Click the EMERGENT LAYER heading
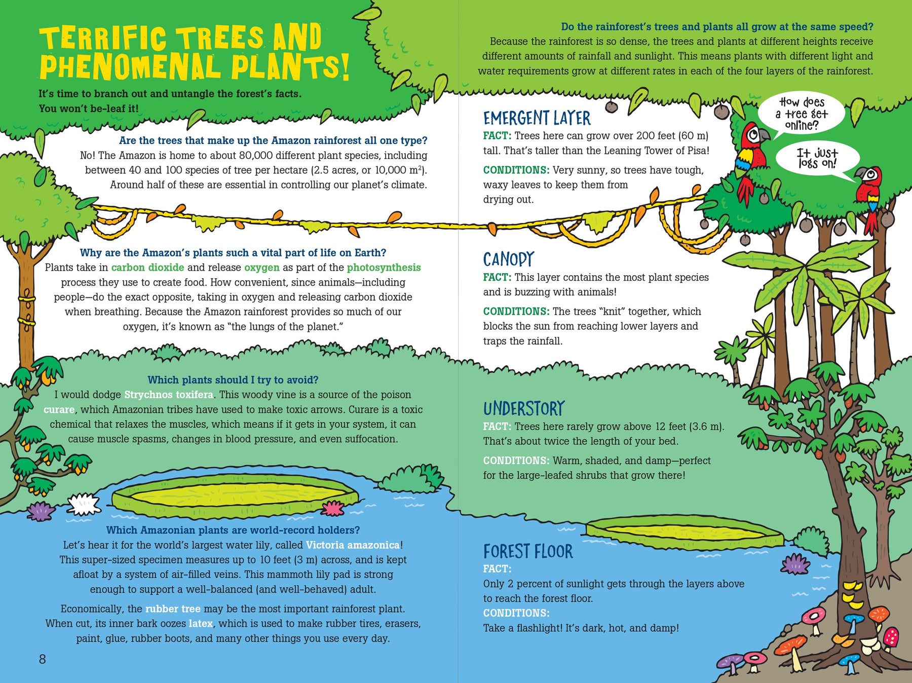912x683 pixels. tap(537, 118)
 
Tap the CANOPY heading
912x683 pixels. tap(508, 259)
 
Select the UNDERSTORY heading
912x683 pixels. tap(524, 408)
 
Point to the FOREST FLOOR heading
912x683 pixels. tap(528, 551)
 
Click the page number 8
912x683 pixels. tap(43, 659)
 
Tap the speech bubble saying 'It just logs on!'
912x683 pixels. tap(817, 159)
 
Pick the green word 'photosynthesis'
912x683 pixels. tap(384, 268)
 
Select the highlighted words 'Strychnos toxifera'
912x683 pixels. tap(169, 395)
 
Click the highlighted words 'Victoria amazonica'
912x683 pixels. tap(353, 545)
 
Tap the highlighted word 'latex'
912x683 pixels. tap(201, 624)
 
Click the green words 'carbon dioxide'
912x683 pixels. tap(147, 268)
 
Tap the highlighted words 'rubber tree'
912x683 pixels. tap(173, 609)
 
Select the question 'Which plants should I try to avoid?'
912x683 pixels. tap(233, 380)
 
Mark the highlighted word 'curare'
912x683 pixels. tap(59, 409)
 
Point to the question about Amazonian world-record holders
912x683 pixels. tap(233, 530)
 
